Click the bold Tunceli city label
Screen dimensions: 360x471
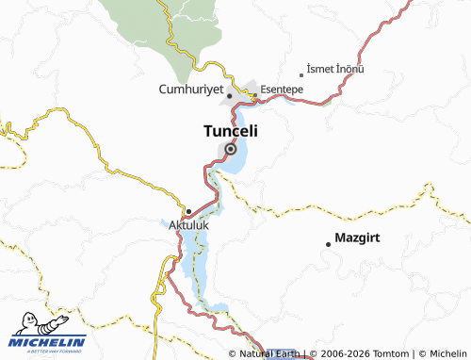[231, 133]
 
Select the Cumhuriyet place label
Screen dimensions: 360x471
[191, 90]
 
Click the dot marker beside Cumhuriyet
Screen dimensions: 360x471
[230, 96]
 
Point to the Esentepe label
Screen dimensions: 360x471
[282, 90]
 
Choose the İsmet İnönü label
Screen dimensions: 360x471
[337, 70]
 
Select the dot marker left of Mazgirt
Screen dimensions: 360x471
[328, 244]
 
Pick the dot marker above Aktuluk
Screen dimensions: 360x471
[188, 211]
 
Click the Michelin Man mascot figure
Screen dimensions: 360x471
[23, 323]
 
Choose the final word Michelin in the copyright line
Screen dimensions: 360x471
[448, 353]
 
